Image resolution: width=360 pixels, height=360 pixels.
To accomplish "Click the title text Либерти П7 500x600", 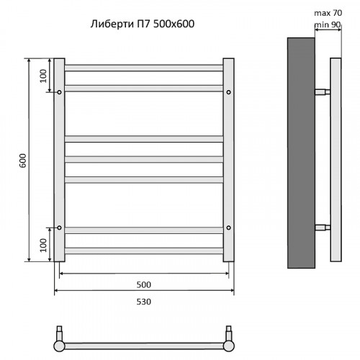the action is click(x=143, y=24).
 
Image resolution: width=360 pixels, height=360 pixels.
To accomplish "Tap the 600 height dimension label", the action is click(x=23, y=161).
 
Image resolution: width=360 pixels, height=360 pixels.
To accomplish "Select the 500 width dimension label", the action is click(x=144, y=284).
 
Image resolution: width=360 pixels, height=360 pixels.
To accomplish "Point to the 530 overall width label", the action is click(x=144, y=302).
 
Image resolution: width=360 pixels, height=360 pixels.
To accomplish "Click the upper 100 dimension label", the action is click(x=43, y=76).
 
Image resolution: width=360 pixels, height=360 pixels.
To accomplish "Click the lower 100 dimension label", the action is click(x=43, y=245).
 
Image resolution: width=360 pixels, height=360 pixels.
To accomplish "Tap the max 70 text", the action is click(x=328, y=13).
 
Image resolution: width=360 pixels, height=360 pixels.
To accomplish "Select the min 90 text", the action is click(x=328, y=24).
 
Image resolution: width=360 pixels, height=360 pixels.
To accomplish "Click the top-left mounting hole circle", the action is click(x=59, y=92).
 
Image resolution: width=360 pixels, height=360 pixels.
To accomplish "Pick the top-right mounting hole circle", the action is click(x=229, y=92).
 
